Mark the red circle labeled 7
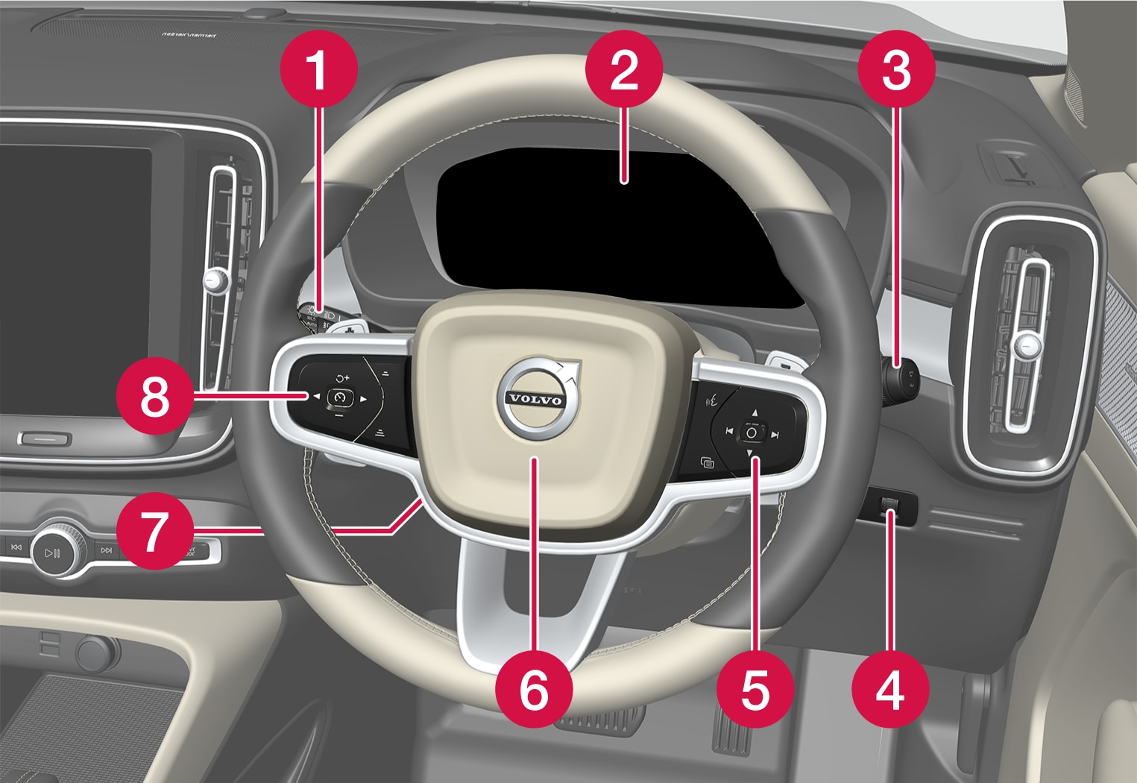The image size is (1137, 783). tap(154, 531)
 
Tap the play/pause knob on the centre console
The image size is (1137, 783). tap(52, 553)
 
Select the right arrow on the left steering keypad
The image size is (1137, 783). tap(364, 399)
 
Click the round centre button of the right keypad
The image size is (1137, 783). tap(752, 433)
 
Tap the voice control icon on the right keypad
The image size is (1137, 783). tap(712, 399)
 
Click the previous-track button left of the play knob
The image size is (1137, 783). tap(16, 548)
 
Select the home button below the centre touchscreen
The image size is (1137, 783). tap(44, 438)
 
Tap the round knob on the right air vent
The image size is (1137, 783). tap(1027, 344)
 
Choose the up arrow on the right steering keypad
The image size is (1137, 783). tap(754, 412)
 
